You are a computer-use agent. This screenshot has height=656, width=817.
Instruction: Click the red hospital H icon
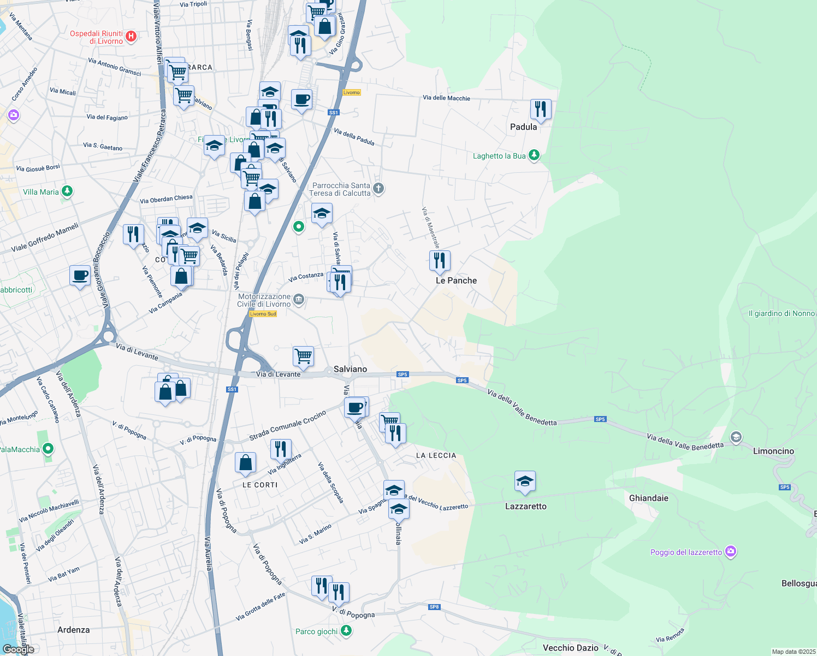pyautogui.click(x=131, y=37)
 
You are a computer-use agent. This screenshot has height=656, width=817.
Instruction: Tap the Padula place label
pyautogui.click(x=523, y=127)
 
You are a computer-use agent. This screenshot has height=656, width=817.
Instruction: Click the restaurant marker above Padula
pyautogui.click(x=540, y=109)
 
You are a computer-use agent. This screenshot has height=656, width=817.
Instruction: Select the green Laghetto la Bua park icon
pyautogui.click(x=534, y=155)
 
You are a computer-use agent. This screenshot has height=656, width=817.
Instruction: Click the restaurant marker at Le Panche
pyautogui.click(x=440, y=261)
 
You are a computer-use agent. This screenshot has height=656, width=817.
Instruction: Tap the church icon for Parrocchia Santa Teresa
pyautogui.click(x=378, y=189)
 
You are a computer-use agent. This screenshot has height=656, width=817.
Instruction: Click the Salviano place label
pyautogui.click(x=350, y=369)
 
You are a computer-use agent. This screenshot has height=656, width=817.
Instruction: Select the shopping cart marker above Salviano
pyautogui.click(x=303, y=356)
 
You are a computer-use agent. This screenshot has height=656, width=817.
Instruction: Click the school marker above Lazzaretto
pyautogui.click(x=525, y=481)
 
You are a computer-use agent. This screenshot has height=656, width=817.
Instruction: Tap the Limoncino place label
pyautogui.click(x=773, y=451)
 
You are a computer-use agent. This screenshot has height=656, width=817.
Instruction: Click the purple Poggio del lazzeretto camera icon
pyautogui.click(x=731, y=552)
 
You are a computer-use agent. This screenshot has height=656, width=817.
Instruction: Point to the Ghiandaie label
pyautogui.click(x=648, y=498)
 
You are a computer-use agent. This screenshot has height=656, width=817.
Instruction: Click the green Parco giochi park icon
pyautogui.click(x=346, y=631)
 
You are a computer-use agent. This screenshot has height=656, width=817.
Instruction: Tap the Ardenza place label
pyautogui.click(x=73, y=630)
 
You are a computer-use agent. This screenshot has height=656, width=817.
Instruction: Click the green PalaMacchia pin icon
pyautogui.click(x=48, y=449)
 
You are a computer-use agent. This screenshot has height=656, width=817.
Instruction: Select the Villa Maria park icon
pyautogui.click(x=67, y=191)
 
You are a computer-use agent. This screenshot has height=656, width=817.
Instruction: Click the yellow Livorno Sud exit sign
pyautogui.click(x=263, y=314)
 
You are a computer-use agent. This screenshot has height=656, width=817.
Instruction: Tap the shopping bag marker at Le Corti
pyautogui.click(x=245, y=462)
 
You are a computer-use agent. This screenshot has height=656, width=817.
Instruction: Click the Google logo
pyautogui.click(x=18, y=649)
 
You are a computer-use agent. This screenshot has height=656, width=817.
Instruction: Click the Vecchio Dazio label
pyautogui.click(x=570, y=648)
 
